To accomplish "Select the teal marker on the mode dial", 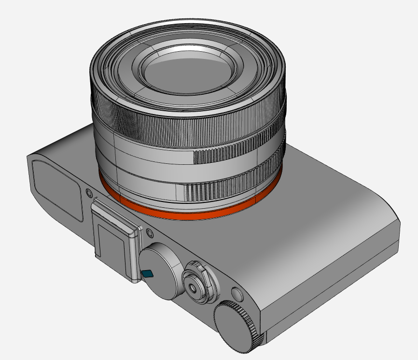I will [x=148, y=274].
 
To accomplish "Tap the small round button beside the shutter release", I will [x=237, y=294].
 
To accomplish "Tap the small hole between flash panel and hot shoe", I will [x=89, y=193].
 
